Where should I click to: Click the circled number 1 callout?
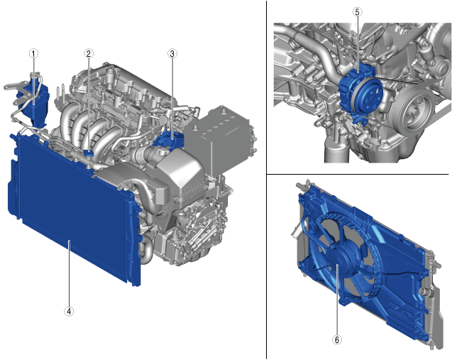pyautogui.click(x=34, y=54)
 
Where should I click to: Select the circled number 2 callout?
pyautogui.click(x=88, y=53)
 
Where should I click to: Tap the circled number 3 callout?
pyautogui.click(x=172, y=53)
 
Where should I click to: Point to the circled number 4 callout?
pyautogui.click(x=69, y=311)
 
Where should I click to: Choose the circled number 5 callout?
pyautogui.click(x=358, y=12)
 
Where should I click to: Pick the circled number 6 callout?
pyautogui.click(x=337, y=340)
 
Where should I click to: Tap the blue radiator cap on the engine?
pyautogui.click(x=89, y=152)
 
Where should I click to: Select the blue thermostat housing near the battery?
pyautogui.click(x=169, y=138)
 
